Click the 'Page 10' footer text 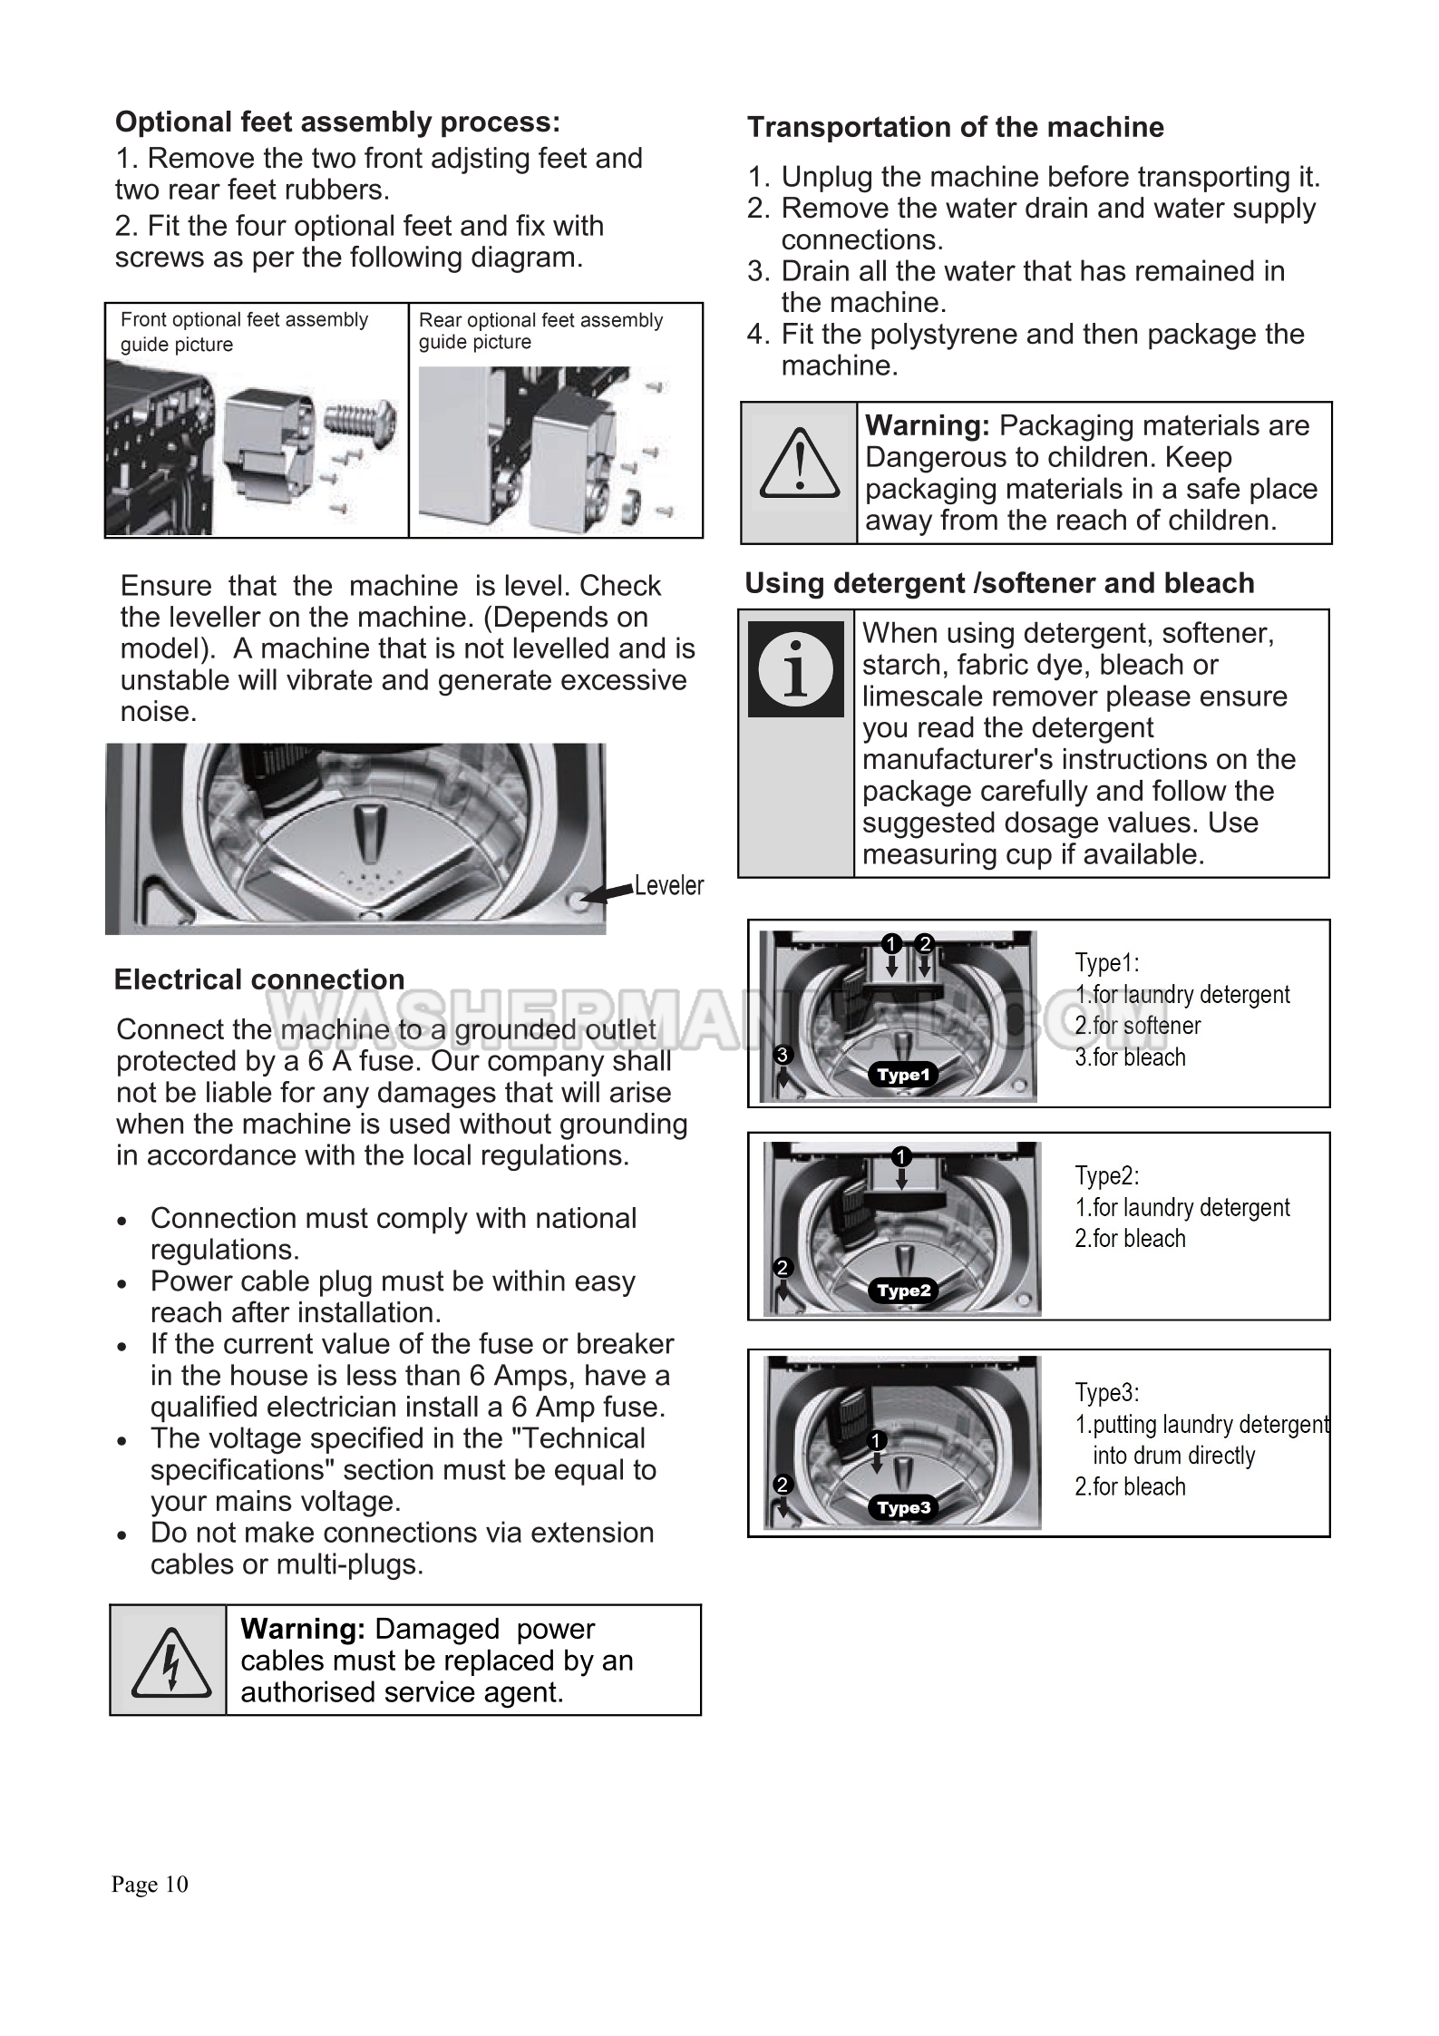tap(150, 1885)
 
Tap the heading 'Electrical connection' tap(259, 980)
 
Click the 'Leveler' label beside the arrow tap(668, 886)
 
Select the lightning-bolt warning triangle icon tap(170, 1662)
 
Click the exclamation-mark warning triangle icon tap(799, 463)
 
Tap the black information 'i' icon tap(795, 668)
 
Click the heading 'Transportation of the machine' tap(955, 127)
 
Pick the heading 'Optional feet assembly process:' tap(337, 122)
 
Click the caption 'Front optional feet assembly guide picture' tap(244, 332)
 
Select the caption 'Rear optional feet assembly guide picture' tap(540, 331)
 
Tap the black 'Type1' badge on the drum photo tap(903, 1075)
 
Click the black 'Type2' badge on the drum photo tap(904, 1291)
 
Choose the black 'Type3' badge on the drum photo tap(904, 1508)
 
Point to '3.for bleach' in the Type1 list tap(1130, 1057)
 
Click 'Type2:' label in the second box tap(1106, 1176)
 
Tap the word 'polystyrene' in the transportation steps tap(944, 335)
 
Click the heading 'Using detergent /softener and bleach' tap(999, 583)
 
